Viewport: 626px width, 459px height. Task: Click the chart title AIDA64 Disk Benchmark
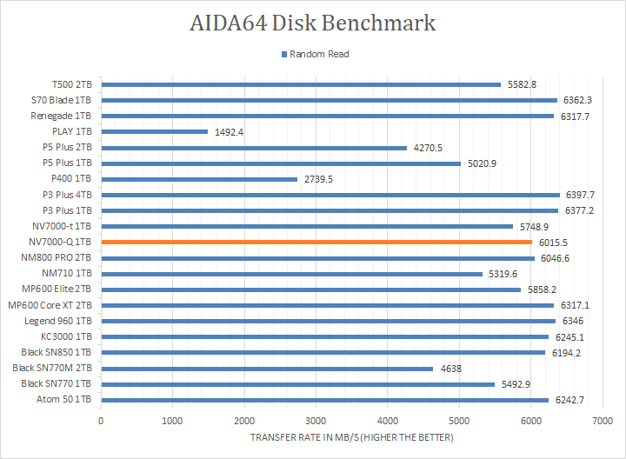coord(312,23)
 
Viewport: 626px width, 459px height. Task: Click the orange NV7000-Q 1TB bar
coord(316,243)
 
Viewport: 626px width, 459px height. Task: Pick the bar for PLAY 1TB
coord(155,132)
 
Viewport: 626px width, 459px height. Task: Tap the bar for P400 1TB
coord(199,179)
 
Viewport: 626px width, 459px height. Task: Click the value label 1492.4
coord(228,132)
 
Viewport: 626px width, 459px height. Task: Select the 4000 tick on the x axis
coord(387,421)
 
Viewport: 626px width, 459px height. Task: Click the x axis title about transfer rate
coord(351,437)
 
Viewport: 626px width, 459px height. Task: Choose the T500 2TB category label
coord(71,84)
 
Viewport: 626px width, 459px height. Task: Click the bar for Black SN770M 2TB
coord(267,369)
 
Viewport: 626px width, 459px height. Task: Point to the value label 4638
coord(450,369)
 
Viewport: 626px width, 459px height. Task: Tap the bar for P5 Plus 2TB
coord(254,148)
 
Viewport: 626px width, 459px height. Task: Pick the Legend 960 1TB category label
coord(60,321)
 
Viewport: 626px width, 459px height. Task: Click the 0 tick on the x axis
coord(101,421)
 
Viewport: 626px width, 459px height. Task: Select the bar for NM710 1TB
coord(291,274)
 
